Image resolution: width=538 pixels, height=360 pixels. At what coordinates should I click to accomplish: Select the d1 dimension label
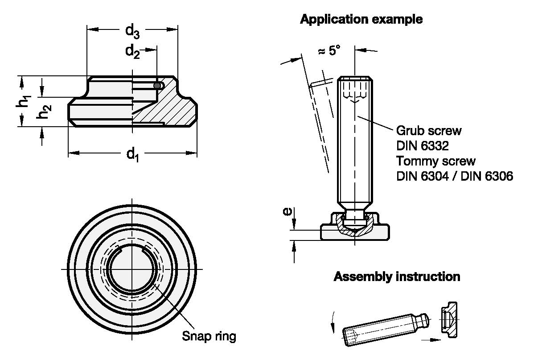pyautogui.click(x=133, y=154)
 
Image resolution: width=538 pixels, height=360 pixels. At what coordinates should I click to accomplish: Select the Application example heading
pyautogui.click(x=361, y=20)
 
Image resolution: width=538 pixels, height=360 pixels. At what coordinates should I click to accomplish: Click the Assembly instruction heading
pyautogui.click(x=397, y=277)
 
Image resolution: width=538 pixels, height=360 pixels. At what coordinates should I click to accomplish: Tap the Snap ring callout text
pyautogui.click(x=209, y=336)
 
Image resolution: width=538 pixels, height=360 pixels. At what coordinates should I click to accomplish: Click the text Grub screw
pyautogui.click(x=429, y=131)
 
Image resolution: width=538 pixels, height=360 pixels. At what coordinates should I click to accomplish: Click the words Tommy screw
pyautogui.click(x=436, y=161)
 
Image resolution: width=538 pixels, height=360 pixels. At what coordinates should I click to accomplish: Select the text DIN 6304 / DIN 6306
pyautogui.click(x=455, y=176)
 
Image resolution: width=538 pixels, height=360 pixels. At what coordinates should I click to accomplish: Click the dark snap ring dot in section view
pyautogui.click(x=157, y=85)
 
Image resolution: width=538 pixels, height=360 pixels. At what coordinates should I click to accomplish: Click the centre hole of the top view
pyautogui.click(x=132, y=269)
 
